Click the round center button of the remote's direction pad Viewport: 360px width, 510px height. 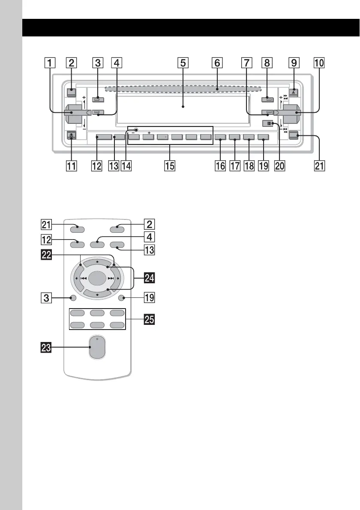[x=96, y=278]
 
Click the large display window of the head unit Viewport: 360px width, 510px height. [x=183, y=107]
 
